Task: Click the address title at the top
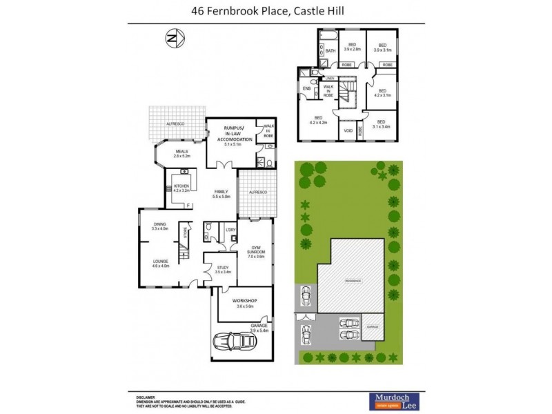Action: pos(277,11)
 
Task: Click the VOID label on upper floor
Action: pos(348,130)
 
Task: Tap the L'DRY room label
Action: pos(231,229)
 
